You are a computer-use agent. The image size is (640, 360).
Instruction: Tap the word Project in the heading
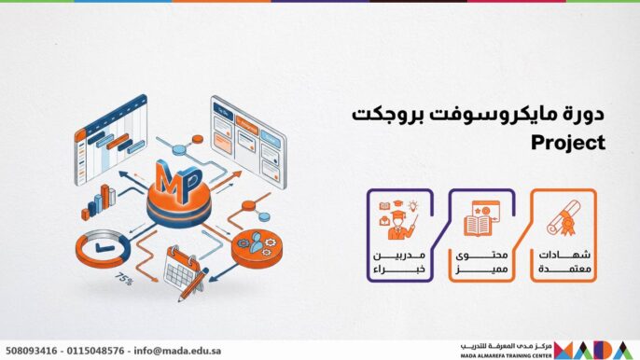point(568,144)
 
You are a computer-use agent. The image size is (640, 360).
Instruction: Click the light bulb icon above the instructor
point(410,206)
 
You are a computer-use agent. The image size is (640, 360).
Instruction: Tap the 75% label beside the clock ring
point(123,278)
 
